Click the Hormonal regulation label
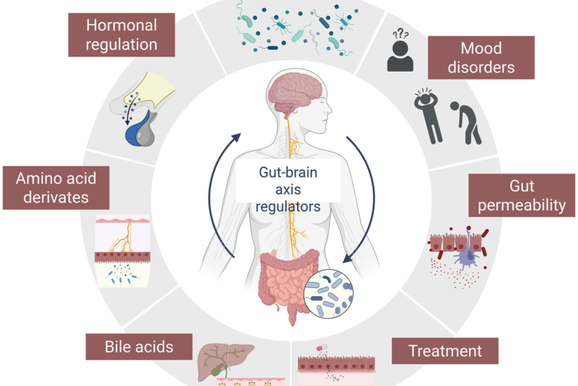click(121, 35)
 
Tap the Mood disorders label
click(481, 57)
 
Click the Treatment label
click(445, 351)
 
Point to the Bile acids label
click(129, 347)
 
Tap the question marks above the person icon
click(401, 35)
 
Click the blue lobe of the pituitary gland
click(139, 133)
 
